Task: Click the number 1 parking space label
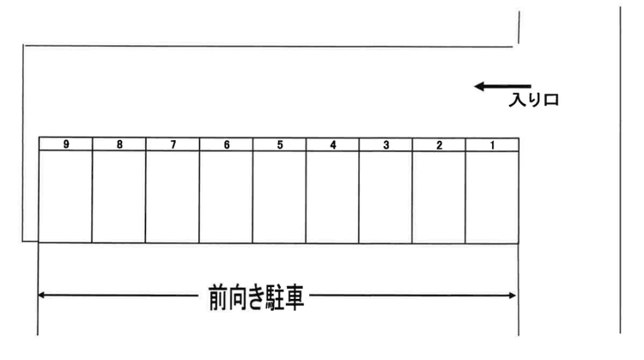click(493, 145)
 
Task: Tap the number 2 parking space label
click(439, 145)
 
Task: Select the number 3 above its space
click(386, 145)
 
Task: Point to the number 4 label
click(333, 144)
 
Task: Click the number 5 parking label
click(280, 144)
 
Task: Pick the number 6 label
click(227, 144)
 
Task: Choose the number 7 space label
click(173, 144)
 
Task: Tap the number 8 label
click(119, 144)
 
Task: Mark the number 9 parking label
click(66, 144)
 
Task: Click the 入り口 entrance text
click(534, 100)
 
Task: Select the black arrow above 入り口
click(502, 86)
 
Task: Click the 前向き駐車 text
click(256, 297)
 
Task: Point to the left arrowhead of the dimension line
click(41, 295)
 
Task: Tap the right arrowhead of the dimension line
click(512, 296)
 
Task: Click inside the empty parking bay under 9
click(65, 196)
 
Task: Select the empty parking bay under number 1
click(492, 198)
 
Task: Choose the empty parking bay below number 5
click(279, 197)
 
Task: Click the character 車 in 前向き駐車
click(294, 297)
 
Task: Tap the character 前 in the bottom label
click(218, 297)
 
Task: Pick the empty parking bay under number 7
click(173, 197)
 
